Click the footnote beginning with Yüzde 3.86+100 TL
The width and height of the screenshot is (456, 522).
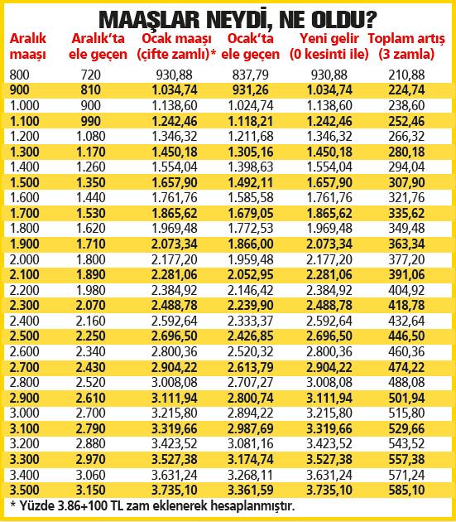154,505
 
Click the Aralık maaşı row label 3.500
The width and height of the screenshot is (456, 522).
26,491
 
